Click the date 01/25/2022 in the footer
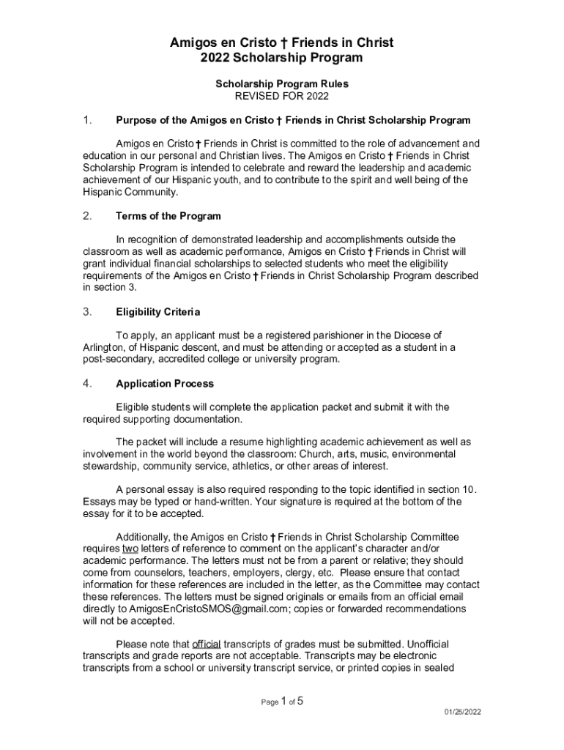(463, 712)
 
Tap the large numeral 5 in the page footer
(300, 701)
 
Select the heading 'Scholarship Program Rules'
(282, 84)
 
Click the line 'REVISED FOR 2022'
(282, 96)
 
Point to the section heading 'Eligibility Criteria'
(157, 312)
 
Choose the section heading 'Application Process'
(165, 384)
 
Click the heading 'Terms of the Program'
(168, 216)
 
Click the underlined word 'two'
(130, 549)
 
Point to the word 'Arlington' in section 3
(105, 348)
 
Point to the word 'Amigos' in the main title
(192, 42)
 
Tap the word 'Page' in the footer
(270, 702)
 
